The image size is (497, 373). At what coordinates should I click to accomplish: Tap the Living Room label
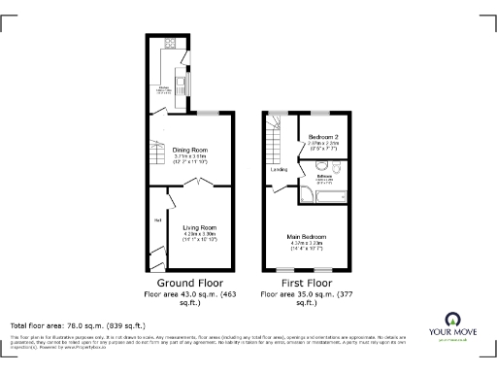(x=199, y=226)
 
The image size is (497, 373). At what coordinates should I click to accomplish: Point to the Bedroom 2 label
(x=322, y=137)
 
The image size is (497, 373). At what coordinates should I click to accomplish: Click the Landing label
(x=279, y=170)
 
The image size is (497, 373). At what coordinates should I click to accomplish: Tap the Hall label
(x=156, y=220)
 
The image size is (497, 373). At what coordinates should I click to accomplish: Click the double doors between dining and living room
(x=198, y=183)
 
